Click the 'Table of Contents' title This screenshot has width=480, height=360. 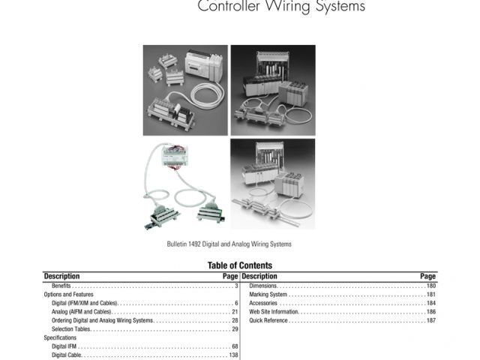tap(240, 265)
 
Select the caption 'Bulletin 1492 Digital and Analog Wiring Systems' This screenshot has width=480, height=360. tap(229, 244)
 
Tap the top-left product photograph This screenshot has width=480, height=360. tap(184, 90)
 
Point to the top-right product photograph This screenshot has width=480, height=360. tap(272, 90)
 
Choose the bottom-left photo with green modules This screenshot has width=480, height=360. tap(184, 184)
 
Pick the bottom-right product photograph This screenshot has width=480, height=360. tap(272, 184)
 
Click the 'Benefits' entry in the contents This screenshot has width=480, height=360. tap(61, 286)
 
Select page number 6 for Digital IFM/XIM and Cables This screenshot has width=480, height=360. tap(236, 303)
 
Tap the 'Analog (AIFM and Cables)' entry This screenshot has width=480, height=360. tap(82, 312)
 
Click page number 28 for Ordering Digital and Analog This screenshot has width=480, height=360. tap(235, 320)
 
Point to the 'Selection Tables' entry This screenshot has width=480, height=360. tap(70, 329)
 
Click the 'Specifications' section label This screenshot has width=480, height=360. tap(60, 338)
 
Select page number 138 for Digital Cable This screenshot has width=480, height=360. tap(233, 355)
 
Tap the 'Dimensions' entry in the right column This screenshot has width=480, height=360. tap(263, 286)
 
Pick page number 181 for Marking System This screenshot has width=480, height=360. tap(430, 295)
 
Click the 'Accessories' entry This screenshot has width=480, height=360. tap(263, 303)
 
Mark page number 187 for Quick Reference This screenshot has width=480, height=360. tap(430, 320)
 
